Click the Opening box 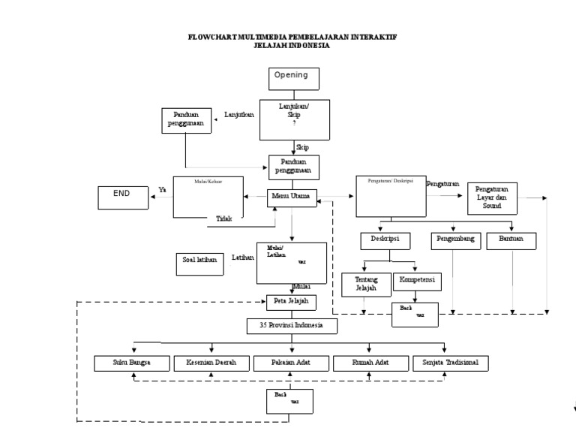coord(294,78)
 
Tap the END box coord(124,197)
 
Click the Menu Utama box coord(293,197)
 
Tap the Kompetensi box coord(417,280)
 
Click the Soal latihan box coord(200,262)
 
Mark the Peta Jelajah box coord(292,302)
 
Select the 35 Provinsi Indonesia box coord(292,326)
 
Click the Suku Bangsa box coord(132,363)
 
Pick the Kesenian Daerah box coord(211,363)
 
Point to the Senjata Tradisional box coord(451,363)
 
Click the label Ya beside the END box coord(161,190)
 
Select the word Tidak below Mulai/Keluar coord(223,218)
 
